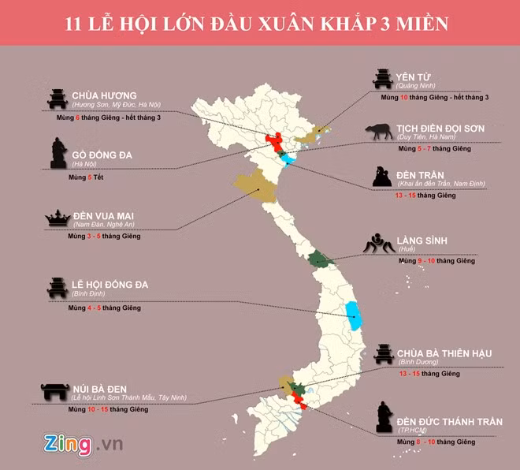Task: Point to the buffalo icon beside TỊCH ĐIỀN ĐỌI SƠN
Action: click(379, 132)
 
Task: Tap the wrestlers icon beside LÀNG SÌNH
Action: click(377, 245)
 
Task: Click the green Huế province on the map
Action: click(319, 258)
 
